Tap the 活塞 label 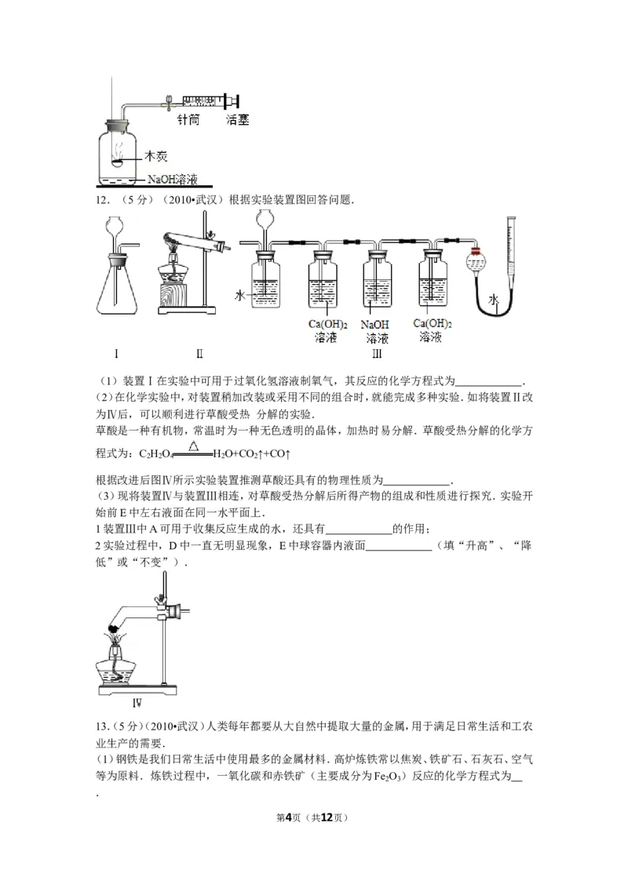tap(238, 120)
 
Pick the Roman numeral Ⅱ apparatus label tap(199, 353)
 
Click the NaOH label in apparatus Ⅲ tap(376, 324)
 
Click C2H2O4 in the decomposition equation tap(156, 454)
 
